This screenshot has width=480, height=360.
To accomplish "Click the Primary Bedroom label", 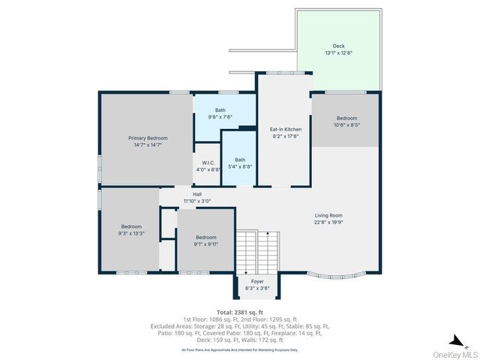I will point(148,138).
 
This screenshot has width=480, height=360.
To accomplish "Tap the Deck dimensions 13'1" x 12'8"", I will point(339,53).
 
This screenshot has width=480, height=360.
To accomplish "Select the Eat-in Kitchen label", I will point(284,130).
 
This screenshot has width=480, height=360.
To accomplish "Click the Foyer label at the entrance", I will point(257,281).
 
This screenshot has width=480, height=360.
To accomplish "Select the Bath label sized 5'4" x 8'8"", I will point(240,159).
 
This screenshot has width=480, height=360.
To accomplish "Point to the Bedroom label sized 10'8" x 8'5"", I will point(347,118).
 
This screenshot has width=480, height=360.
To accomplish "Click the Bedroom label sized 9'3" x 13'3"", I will point(132,226).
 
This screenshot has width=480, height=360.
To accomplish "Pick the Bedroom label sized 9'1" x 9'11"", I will point(206,237).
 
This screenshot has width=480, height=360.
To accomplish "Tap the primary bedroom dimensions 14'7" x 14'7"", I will point(148,145).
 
